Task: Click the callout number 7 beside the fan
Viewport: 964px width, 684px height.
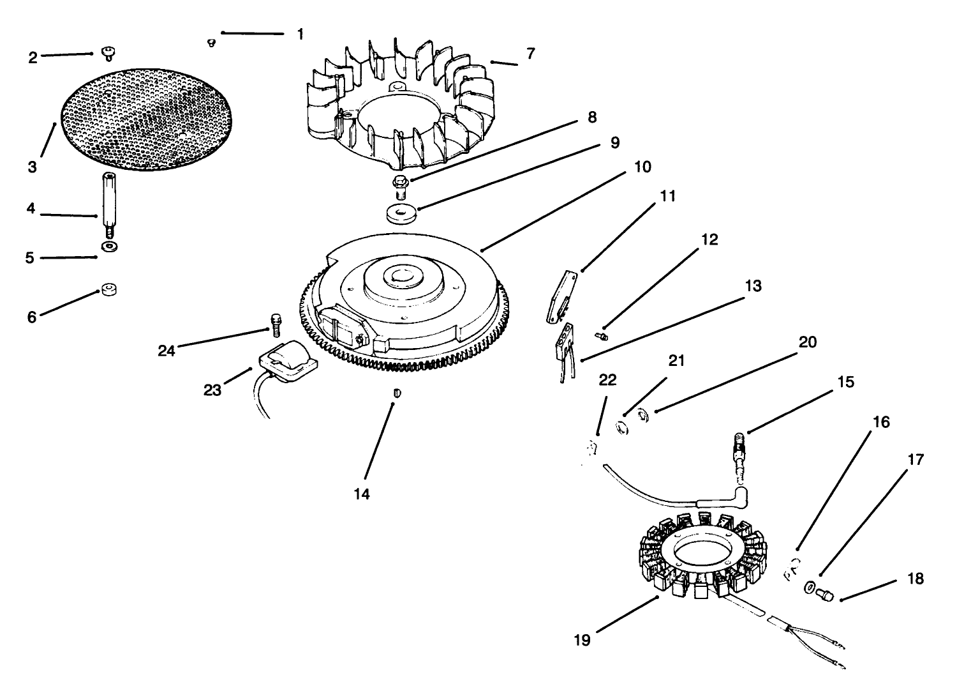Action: tap(531, 54)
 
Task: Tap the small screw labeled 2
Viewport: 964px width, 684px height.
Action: tap(107, 52)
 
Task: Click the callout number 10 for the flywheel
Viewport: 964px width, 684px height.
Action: tap(642, 167)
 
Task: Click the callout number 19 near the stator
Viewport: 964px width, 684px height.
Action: tap(582, 639)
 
